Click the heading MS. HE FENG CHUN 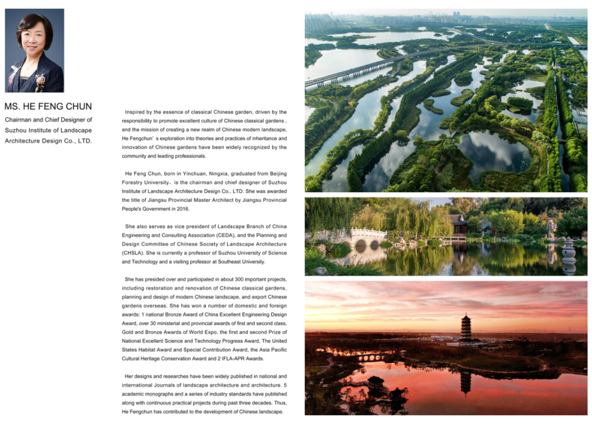tap(48, 106)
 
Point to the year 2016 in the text tap(181, 209)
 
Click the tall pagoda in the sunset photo tap(466, 328)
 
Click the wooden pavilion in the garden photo tap(458, 225)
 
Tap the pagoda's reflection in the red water tap(466, 381)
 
